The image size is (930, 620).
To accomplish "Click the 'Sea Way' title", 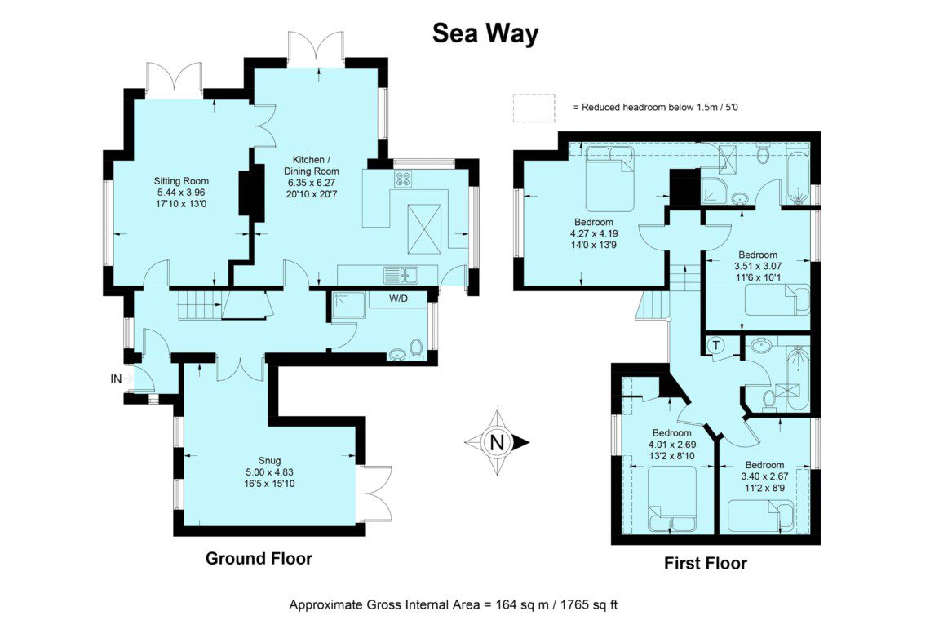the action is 485,33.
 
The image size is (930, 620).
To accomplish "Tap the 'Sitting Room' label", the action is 181,181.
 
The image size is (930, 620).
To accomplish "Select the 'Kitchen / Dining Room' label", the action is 311,166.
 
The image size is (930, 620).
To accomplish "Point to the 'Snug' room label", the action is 270,460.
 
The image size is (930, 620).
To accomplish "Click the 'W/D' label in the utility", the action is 399,299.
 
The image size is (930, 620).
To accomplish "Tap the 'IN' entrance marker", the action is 116,379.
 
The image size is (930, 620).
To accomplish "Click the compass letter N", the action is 497,443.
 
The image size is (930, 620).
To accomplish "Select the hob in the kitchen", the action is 404,179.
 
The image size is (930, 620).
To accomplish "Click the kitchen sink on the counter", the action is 401,275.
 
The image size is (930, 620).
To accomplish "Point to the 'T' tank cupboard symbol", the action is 716,345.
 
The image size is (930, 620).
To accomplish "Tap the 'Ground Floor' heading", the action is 259,558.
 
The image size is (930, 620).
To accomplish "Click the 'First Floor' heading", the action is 705,563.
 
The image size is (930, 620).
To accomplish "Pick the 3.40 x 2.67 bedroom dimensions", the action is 765,476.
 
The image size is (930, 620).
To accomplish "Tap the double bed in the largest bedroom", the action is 609,178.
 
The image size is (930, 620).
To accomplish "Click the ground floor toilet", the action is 416,349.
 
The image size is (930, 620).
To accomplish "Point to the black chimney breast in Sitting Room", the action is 251,193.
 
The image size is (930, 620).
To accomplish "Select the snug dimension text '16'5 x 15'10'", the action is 270,484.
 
